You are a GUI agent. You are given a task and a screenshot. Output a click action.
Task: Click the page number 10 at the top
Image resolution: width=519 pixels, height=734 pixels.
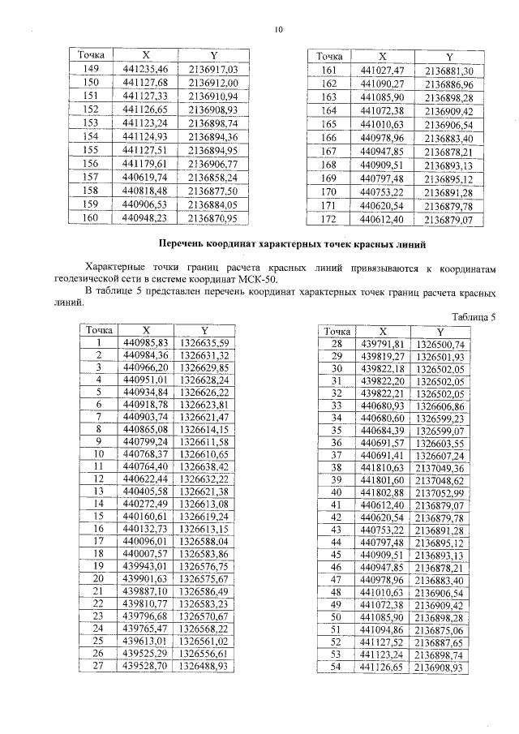click(278, 30)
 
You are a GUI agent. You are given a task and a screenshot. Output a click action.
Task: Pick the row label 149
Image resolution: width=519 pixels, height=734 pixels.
click(92, 69)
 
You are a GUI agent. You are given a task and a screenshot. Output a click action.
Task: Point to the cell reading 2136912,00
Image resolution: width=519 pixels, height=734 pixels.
click(212, 83)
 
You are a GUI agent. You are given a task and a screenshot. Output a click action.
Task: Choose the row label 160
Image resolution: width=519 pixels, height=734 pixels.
click(92, 218)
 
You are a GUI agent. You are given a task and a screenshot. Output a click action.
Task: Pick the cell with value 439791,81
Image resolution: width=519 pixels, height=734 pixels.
click(382, 344)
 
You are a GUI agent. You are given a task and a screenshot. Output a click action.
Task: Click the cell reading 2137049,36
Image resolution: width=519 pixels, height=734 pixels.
click(439, 468)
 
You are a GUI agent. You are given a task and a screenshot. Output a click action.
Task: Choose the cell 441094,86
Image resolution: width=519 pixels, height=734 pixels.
click(382, 629)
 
